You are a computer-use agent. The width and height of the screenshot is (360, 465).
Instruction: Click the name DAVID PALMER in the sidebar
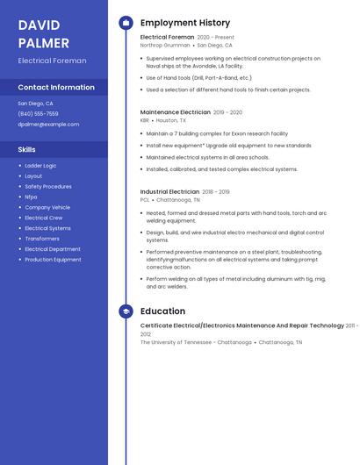coord(43,32)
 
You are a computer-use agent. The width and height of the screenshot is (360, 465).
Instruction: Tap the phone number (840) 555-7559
coord(38,113)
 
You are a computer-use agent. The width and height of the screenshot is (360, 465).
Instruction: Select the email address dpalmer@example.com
coord(48,124)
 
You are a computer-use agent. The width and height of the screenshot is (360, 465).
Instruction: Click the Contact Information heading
coord(56,87)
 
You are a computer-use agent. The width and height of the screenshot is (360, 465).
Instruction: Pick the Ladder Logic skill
coord(40,165)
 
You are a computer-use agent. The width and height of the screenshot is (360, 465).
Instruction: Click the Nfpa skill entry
coord(31,197)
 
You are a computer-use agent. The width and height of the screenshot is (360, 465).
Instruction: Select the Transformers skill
coord(42,239)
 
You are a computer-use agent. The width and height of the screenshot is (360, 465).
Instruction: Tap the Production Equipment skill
coord(53,260)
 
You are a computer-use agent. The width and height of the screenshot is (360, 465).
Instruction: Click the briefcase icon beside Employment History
coord(126,23)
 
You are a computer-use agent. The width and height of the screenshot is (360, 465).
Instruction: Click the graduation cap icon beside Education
coord(126,311)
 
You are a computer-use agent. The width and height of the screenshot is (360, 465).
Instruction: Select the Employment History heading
coord(185,23)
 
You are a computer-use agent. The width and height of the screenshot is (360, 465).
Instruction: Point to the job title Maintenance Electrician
coord(176,112)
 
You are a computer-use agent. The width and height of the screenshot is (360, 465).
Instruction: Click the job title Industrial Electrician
coord(169,191)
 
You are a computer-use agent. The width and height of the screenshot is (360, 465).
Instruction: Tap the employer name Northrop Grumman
coord(165,45)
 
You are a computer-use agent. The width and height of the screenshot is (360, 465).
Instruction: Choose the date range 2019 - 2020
coord(227,112)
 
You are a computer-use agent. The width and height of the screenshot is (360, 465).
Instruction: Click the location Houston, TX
coord(184,120)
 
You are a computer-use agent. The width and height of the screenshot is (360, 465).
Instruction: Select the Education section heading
coord(162,311)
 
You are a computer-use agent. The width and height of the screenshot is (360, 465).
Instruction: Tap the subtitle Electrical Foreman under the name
coord(52,61)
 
